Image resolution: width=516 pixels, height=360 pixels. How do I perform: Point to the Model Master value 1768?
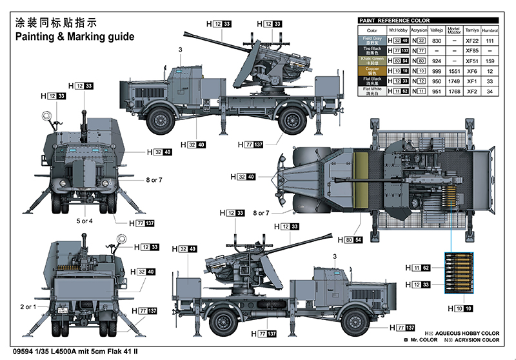tap(454, 91)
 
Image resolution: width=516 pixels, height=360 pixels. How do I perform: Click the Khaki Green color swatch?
tap(372, 60)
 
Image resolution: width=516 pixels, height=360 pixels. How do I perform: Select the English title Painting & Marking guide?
tap(75, 37)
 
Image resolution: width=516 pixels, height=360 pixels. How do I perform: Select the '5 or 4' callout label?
tap(84, 221)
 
